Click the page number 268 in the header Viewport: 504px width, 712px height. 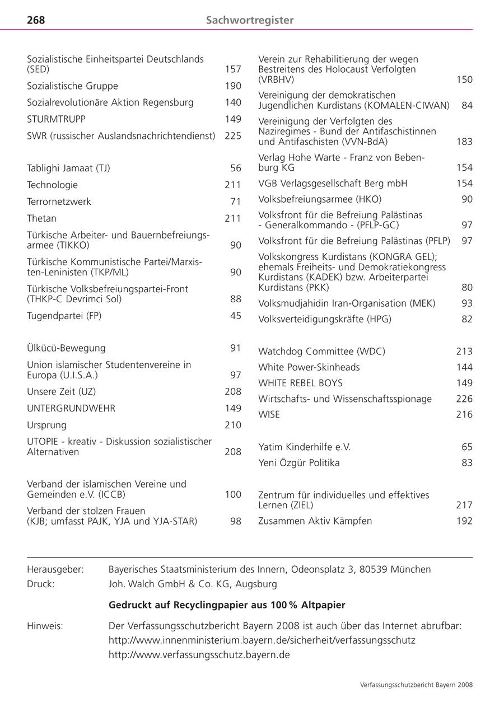coord(36,20)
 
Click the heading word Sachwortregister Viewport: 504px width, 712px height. coord(250,20)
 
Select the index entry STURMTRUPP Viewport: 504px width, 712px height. coord(56,119)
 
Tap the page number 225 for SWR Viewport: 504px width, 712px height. coord(233,136)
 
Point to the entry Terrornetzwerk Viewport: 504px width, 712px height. coord(59,202)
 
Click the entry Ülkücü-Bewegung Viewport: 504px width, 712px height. coord(66,348)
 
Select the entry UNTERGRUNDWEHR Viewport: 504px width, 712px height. coord(71,409)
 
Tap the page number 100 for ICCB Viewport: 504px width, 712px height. coord(233,495)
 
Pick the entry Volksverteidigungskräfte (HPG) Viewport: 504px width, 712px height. coord(325,320)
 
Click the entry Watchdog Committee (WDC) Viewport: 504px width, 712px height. coord(321,352)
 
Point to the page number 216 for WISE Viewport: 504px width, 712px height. coord(464,415)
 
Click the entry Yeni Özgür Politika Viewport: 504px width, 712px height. coord(299,463)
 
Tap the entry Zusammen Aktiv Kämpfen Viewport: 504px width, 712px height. coord(315,521)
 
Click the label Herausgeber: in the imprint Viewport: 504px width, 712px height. coord(55,569)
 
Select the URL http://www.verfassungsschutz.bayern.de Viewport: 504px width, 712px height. coord(199,654)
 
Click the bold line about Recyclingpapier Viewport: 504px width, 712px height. coord(227,605)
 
